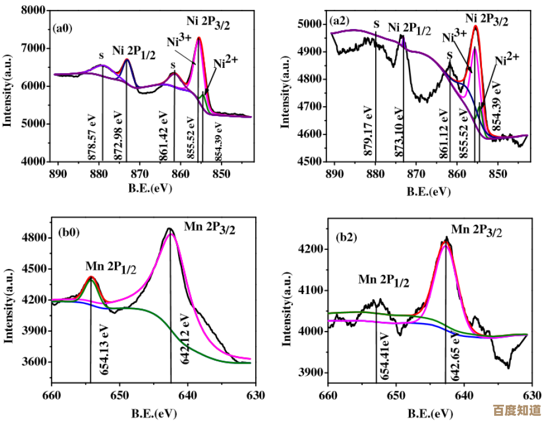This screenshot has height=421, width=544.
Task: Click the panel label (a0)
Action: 63,27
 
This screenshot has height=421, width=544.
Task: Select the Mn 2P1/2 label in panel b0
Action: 111,268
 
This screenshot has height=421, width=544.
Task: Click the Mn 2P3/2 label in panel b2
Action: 477,230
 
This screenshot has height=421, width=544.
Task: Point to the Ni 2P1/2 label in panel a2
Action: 409,28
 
